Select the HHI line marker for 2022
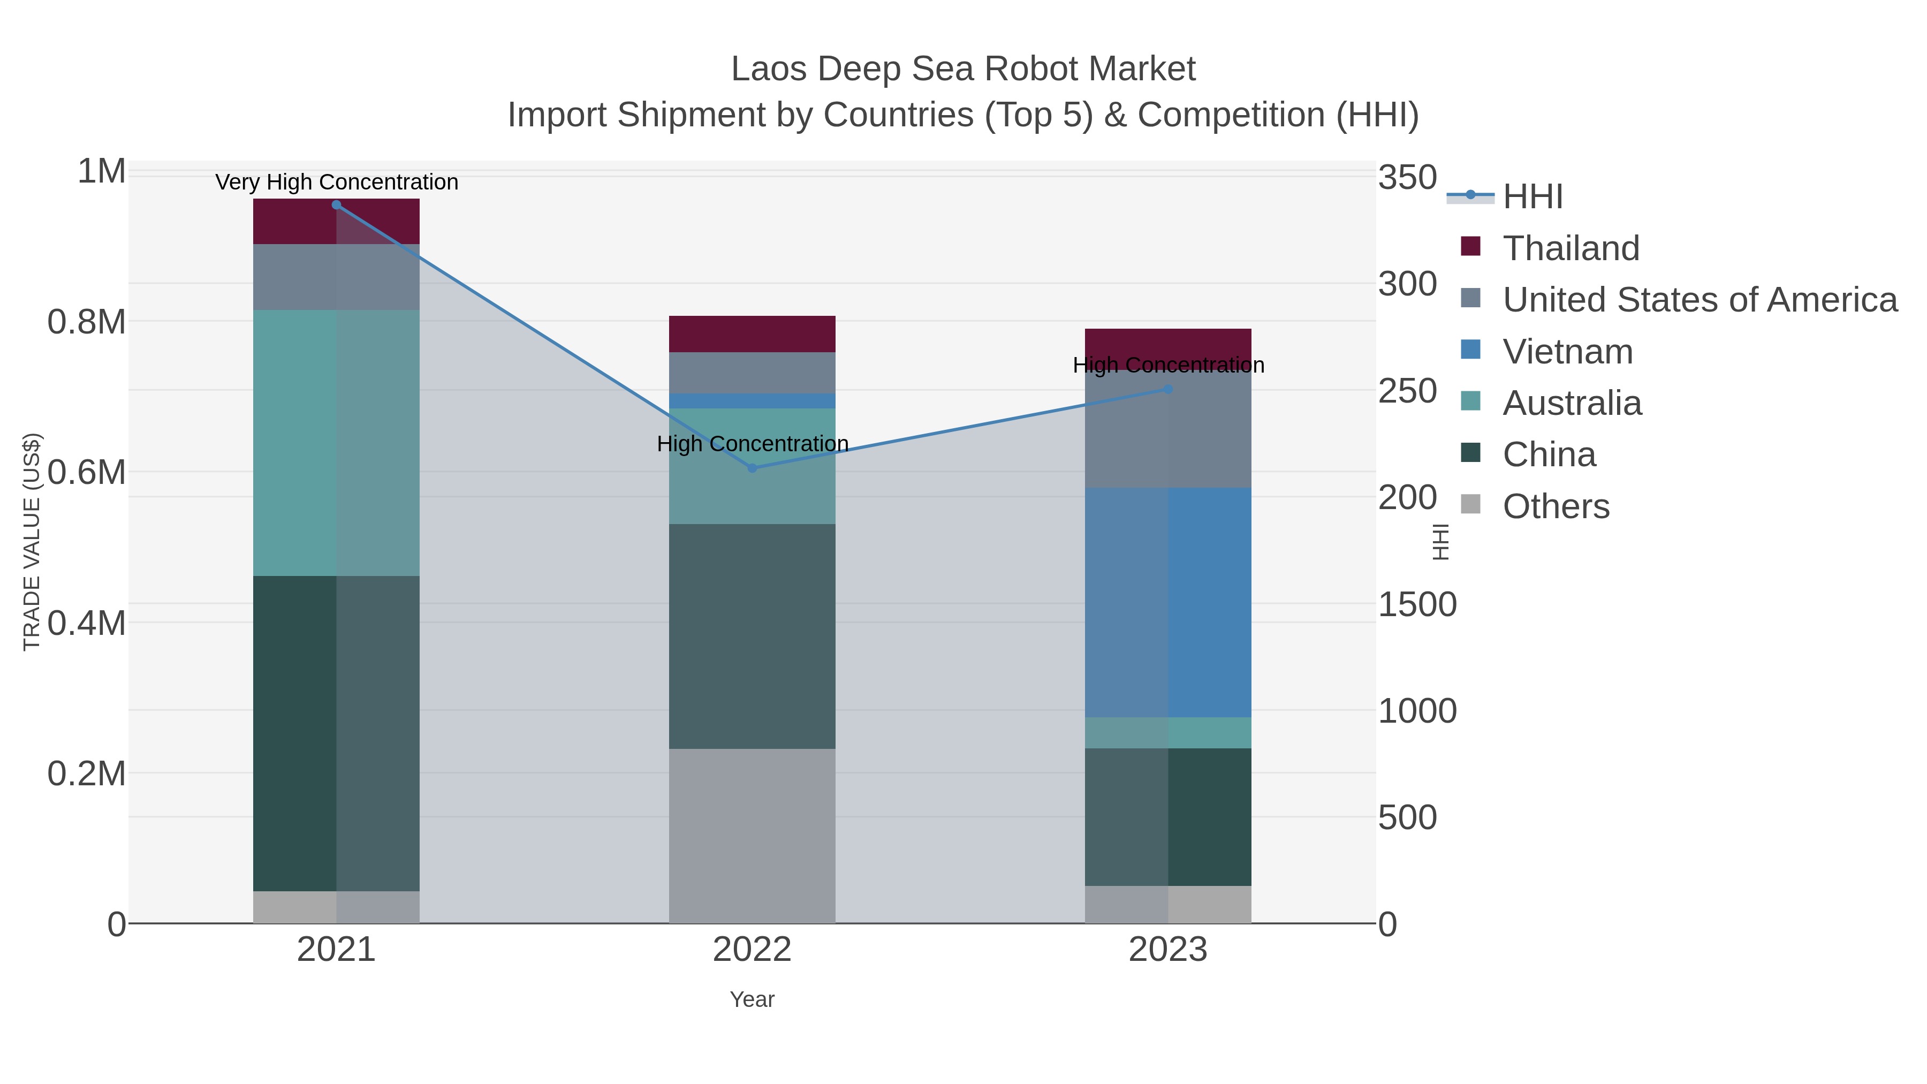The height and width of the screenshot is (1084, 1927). [753, 468]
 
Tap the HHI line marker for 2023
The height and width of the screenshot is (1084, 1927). [1168, 389]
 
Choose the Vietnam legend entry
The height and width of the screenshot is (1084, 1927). [1567, 352]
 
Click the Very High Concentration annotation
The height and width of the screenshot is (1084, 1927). [337, 182]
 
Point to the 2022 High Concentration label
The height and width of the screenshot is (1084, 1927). [753, 444]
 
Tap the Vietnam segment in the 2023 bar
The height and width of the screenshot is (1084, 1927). [1168, 602]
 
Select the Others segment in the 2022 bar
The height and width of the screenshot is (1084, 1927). [752, 836]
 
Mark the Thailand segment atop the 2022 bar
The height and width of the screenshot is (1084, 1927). [752, 333]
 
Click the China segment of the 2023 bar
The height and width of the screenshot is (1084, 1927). [1168, 817]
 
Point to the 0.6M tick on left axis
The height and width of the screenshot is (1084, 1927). [86, 473]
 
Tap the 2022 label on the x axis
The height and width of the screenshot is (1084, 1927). [752, 950]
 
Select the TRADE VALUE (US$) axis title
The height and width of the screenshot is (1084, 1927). [32, 542]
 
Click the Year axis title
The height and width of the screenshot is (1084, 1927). [752, 999]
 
